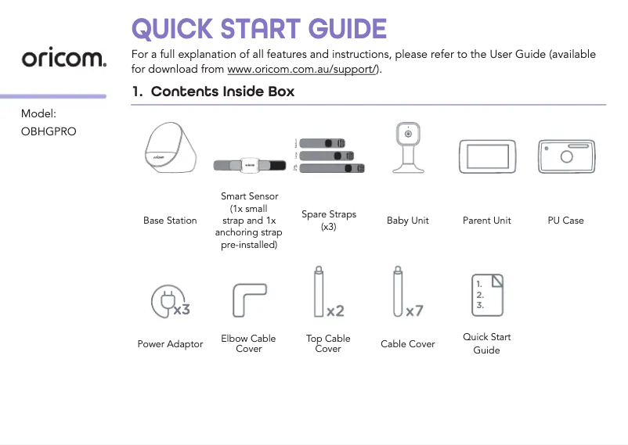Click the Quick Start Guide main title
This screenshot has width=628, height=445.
pos(258,29)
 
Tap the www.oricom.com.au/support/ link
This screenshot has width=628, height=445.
pos(302,69)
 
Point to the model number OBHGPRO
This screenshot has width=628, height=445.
pos(49,131)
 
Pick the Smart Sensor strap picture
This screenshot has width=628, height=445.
pos(250,164)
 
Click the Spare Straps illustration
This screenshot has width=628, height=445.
pos(329,154)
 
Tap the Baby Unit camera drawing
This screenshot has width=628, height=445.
pos(407,147)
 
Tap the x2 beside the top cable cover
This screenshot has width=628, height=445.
pos(335,311)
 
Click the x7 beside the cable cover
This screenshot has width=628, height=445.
pos(414,311)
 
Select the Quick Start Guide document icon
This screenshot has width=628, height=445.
pos(486,293)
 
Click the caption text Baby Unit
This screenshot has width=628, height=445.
pos(407,221)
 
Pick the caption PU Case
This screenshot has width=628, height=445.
pos(565,221)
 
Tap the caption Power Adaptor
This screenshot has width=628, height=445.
pos(170,344)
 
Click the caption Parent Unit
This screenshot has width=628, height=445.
pos(486,221)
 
